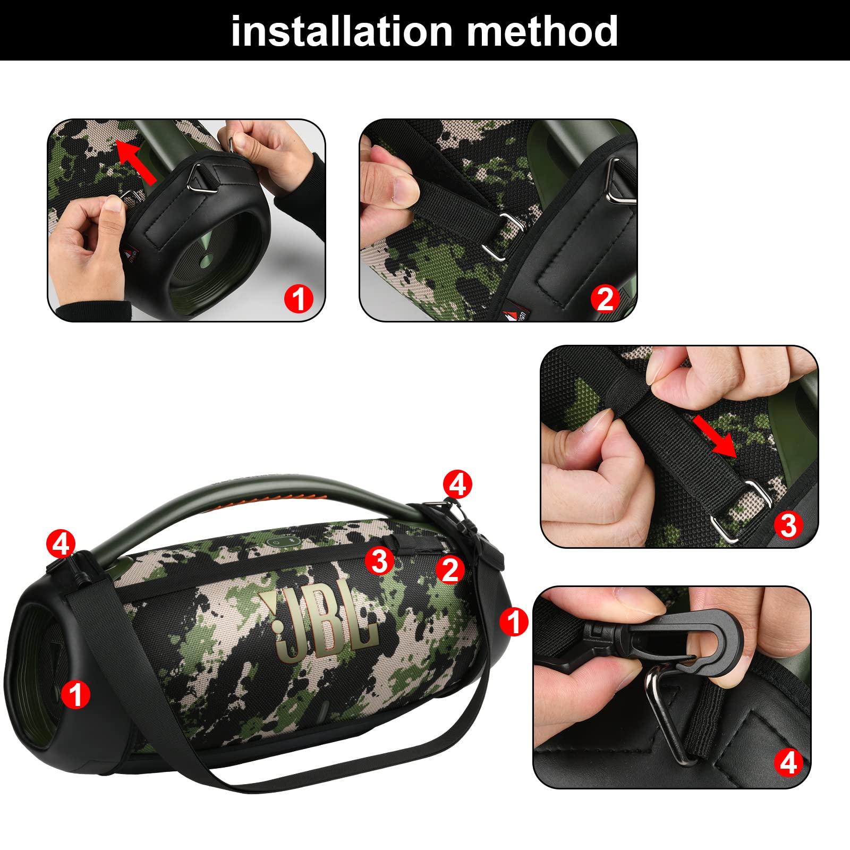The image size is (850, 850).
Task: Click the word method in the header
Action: (542, 31)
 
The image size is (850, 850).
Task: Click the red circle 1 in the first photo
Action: (299, 299)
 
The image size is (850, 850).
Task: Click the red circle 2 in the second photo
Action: (605, 299)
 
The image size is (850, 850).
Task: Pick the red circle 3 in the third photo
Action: (788, 525)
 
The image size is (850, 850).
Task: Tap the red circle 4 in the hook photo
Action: (788, 763)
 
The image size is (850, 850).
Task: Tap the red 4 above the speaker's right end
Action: (457, 484)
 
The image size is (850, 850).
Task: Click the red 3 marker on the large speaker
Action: (379, 561)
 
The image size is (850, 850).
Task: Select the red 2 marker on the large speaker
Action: (450, 569)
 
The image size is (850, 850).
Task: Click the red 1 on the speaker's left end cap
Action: (75, 694)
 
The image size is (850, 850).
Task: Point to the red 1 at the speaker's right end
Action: (514, 621)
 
